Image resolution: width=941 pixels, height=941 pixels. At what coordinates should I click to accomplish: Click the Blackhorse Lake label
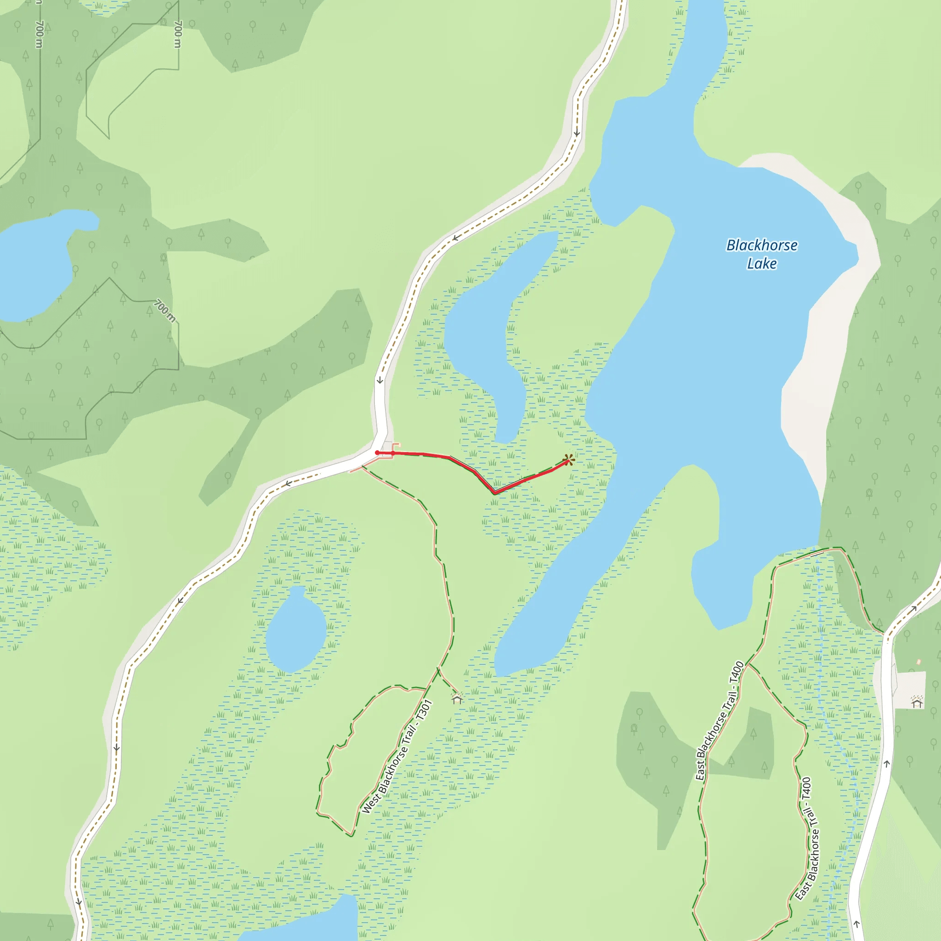pyautogui.click(x=762, y=254)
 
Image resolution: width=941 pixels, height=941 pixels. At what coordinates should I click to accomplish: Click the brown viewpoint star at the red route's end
pyautogui.click(x=568, y=459)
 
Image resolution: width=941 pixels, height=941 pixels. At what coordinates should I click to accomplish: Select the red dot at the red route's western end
pyautogui.click(x=377, y=453)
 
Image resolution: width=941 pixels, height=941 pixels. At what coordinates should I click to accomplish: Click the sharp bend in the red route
pyautogui.click(x=494, y=493)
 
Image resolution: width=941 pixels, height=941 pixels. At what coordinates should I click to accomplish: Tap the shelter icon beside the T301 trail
pyautogui.click(x=457, y=699)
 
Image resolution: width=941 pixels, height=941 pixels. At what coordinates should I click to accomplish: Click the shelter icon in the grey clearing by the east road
pyautogui.click(x=917, y=703)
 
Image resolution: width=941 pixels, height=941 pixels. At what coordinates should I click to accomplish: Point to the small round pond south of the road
pyautogui.click(x=295, y=631)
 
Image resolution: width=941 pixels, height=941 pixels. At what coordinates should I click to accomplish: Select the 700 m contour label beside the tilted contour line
pyautogui.click(x=164, y=311)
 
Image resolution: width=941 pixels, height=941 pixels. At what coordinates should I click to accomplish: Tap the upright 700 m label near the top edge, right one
pyautogui.click(x=178, y=34)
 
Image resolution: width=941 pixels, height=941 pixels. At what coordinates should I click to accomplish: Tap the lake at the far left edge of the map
pyautogui.click(x=34, y=263)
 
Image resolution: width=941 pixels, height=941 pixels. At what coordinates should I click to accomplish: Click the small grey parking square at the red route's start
pyautogui.click(x=387, y=447)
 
